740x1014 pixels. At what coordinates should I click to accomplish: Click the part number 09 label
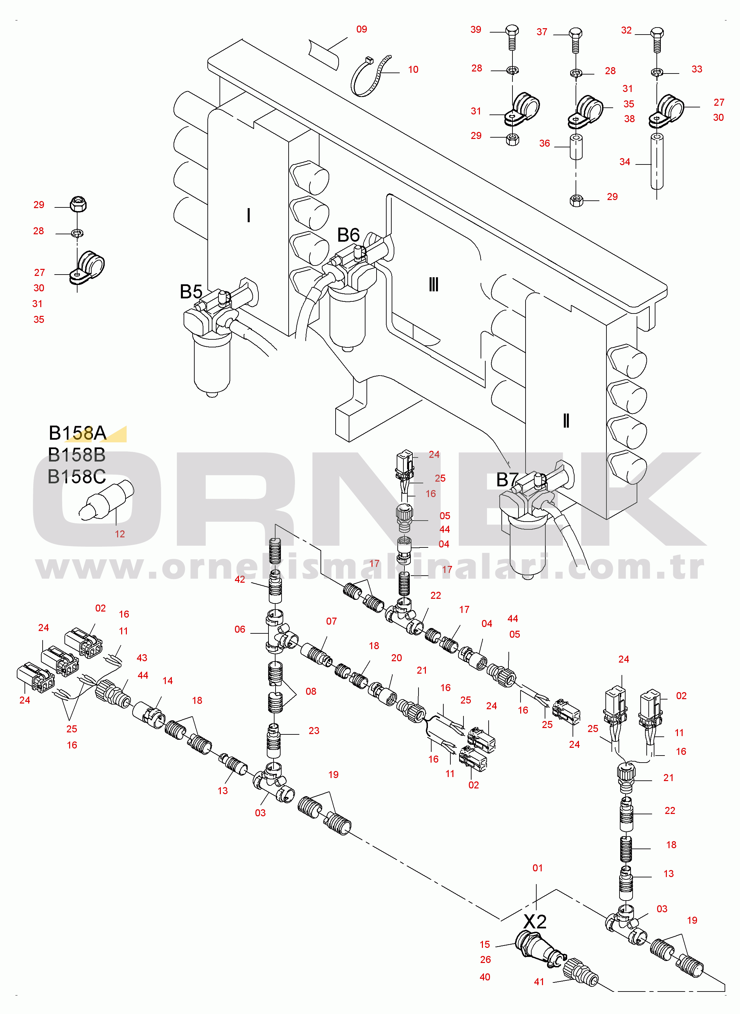tap(361, 29)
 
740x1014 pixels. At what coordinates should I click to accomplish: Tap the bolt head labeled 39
tap(512, 31)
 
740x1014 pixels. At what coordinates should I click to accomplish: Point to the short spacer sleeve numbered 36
tap(576, 146)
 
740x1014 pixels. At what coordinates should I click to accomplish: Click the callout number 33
tap(697, 69)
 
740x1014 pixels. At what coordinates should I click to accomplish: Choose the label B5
tap(191, 292)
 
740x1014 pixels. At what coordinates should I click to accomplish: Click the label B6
tap(348, 235)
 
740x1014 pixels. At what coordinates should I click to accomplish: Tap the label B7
tap(507, 480)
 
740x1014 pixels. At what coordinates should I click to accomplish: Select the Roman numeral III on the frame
tap(434, 284)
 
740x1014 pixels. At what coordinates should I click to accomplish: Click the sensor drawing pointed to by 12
tap(107, 501)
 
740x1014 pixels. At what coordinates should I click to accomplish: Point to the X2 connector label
tap(535, 922)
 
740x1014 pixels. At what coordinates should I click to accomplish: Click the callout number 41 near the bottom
tap(539, 982)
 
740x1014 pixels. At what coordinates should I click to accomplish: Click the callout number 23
tap(314, 730)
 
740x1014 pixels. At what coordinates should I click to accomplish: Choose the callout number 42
tap(240, 579)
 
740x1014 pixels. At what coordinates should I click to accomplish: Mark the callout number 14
tap(167, 681)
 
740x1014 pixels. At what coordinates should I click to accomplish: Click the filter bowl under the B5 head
tap(212, 363)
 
